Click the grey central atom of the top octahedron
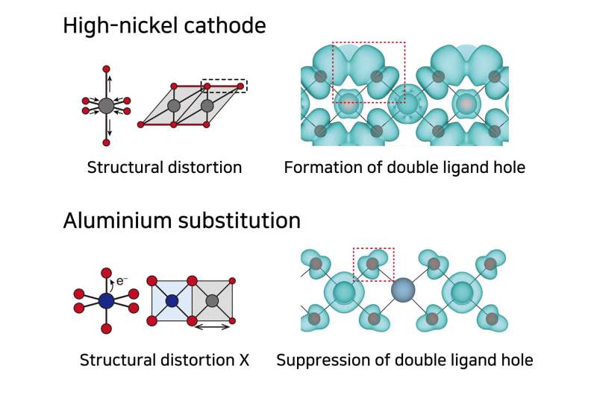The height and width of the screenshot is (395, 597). point(107,105)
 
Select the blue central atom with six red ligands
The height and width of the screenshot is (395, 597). point(107,300)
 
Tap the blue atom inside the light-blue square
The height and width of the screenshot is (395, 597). point(172,300)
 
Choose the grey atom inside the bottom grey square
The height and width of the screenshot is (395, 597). point(213,300)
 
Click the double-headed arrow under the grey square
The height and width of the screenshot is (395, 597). point(213,326)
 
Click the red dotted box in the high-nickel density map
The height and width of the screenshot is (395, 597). point(369,72)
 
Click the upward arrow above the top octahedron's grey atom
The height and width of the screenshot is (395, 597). point(107,80)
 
